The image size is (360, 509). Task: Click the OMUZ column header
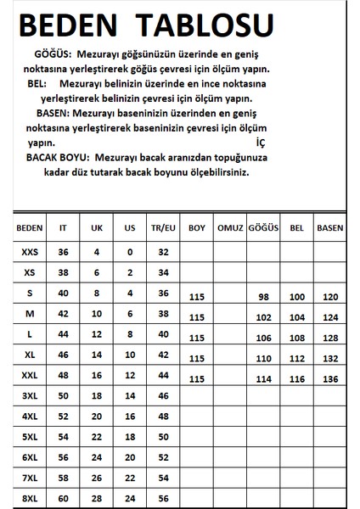coord(230,228)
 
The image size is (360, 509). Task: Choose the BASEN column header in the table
coord(329,228)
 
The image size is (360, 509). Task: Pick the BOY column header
coord(197,228)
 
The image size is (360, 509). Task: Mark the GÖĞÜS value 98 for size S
coord(262,297)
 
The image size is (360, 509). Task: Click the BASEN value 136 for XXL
coord(329,378)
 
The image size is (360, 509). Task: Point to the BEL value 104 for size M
coord(296,317)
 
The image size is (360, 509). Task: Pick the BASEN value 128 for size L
coord(329,338)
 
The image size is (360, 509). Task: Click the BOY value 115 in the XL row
coord(198,358)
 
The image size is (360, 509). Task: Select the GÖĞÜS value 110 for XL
coord(262,358)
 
